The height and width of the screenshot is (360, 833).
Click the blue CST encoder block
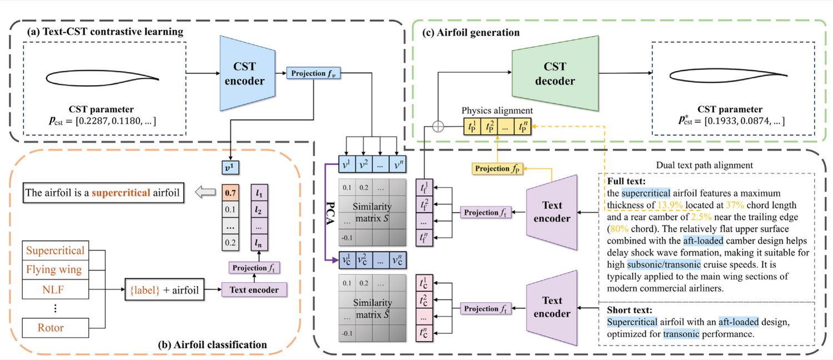coord(247,73)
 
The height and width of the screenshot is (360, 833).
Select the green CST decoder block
coord(555,73)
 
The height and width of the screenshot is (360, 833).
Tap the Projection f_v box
coord(313,73)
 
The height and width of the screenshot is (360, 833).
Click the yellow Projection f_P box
coord(497,168)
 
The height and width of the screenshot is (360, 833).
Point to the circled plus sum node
coord(438,127)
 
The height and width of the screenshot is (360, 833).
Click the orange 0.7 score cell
coord(230,193)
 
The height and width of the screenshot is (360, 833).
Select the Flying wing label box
coord(56,269)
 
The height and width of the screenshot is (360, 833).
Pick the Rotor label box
coord(56,328)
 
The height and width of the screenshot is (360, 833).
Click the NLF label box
coord(56,289)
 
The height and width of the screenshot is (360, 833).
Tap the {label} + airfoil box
coord(164,289)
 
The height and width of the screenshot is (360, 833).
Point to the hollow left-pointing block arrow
coord(205,192)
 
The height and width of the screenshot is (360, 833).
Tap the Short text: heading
coord(629,310)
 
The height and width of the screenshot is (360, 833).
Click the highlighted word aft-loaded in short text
coord(739,322)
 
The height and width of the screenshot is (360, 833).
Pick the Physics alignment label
coord(497,111)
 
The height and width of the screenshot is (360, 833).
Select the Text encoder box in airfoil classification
coord(254,289)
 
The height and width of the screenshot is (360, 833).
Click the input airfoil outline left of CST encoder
coord(103,78)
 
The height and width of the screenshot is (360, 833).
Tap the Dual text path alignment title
coord(704,165)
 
